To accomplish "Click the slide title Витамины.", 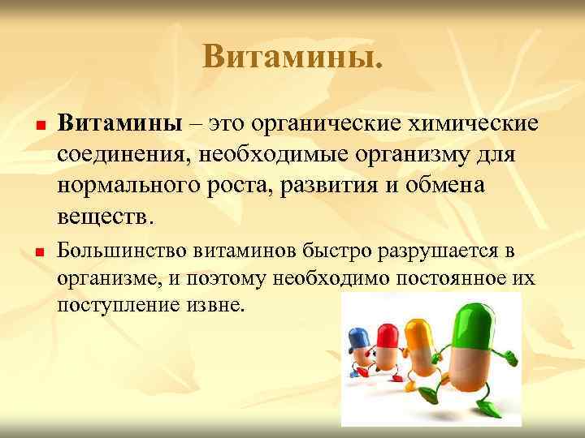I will (292, 56).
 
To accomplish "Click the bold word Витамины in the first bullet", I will (119, 124).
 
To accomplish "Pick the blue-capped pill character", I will (359, 345).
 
